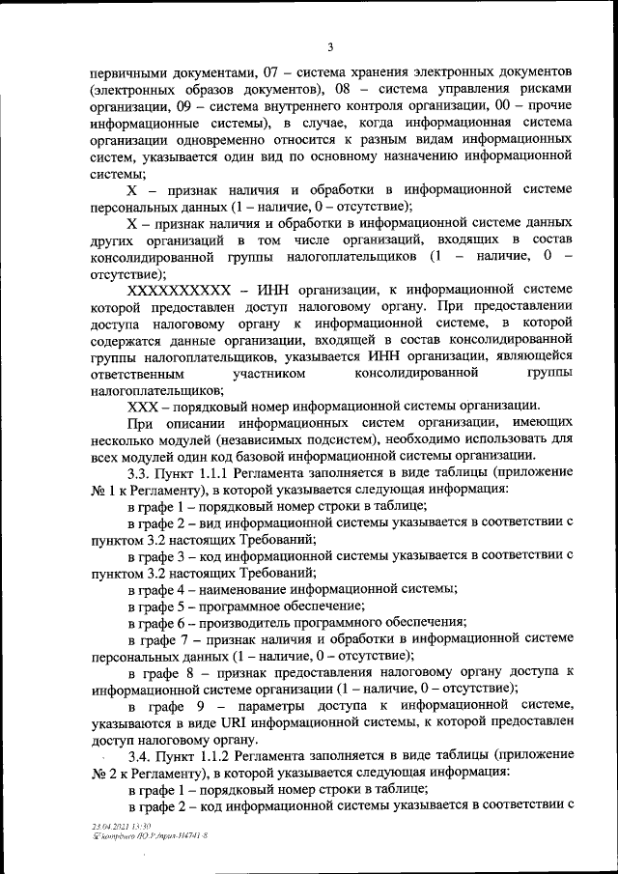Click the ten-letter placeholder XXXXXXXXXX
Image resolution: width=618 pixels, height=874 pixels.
[x=178, y=288]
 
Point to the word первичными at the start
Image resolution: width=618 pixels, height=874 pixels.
[x=130, y=72]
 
